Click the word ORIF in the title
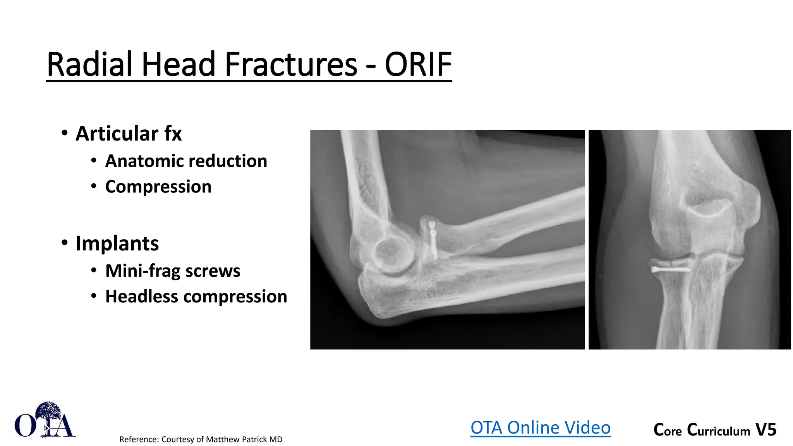(x=418, y=65)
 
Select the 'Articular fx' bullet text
(x=128, y=134)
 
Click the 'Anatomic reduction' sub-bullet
(x=186, y=161)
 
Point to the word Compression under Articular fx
(x=158, y=187)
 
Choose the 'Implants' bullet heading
(x=117, y=244)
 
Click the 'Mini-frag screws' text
(x=172, y=271)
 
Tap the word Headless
(x=141, y=297)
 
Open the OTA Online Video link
(x=540, y=428)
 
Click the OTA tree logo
(x=45, y=420)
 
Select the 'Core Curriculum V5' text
(x=714, y=430)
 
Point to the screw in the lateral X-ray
(x=433, y=240)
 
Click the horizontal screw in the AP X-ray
(x=670, y=269)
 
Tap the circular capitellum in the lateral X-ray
(x=391, y=254)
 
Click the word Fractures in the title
(x=291, y=65)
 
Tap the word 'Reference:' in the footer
(x=139, y=439)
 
